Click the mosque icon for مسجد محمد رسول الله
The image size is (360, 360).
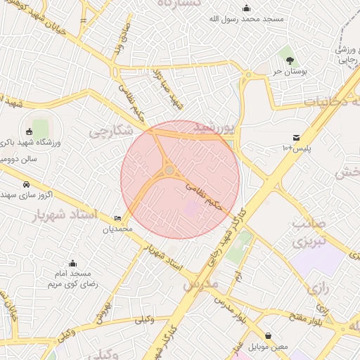coord(247,8)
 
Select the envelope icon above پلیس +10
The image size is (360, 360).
coord(296,137)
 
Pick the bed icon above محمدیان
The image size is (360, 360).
coord(117,219)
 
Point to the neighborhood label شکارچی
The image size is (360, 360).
coord(110,131)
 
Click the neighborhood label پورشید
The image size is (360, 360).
coord(212,127)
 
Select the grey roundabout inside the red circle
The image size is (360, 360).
coord(169,170)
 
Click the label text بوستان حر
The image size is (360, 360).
coord(269,71)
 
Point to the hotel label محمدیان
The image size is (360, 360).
coord(117,229)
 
